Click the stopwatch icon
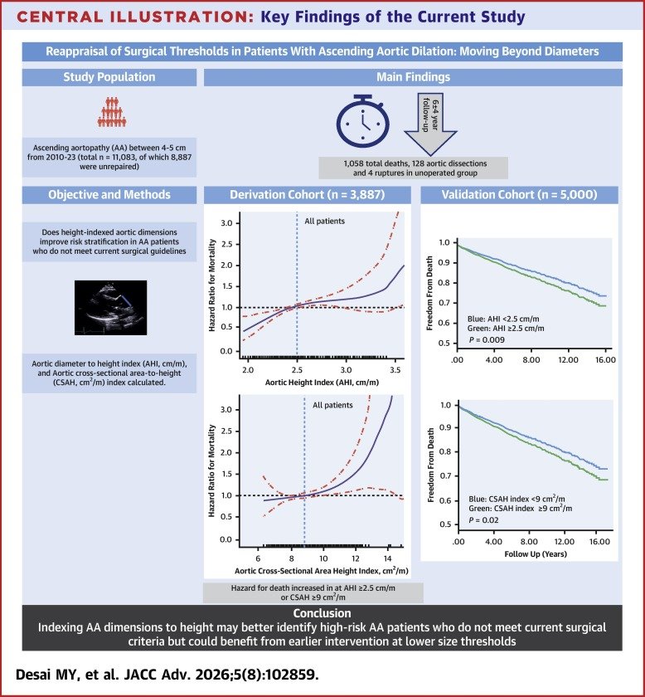[x=362, y=121]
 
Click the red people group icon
[x=111, y=112]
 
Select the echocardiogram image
[x=110, y=308]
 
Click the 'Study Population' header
[x=109, y=77]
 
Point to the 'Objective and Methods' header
[x=109, y=195]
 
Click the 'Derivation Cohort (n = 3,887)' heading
[x=307, y=195]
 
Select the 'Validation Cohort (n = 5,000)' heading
[x=519, y=195]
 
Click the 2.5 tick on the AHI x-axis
[x=297, y=370]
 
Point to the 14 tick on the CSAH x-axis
[x=388, y=558]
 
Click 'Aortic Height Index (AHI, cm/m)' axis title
[x=322, y=383]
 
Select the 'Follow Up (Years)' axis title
[x=536, y=554]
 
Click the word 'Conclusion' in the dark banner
[x=322, y=613]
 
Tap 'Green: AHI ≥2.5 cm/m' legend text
[x=506, y=329]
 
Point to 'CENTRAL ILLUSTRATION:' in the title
[x=135, y=17]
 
